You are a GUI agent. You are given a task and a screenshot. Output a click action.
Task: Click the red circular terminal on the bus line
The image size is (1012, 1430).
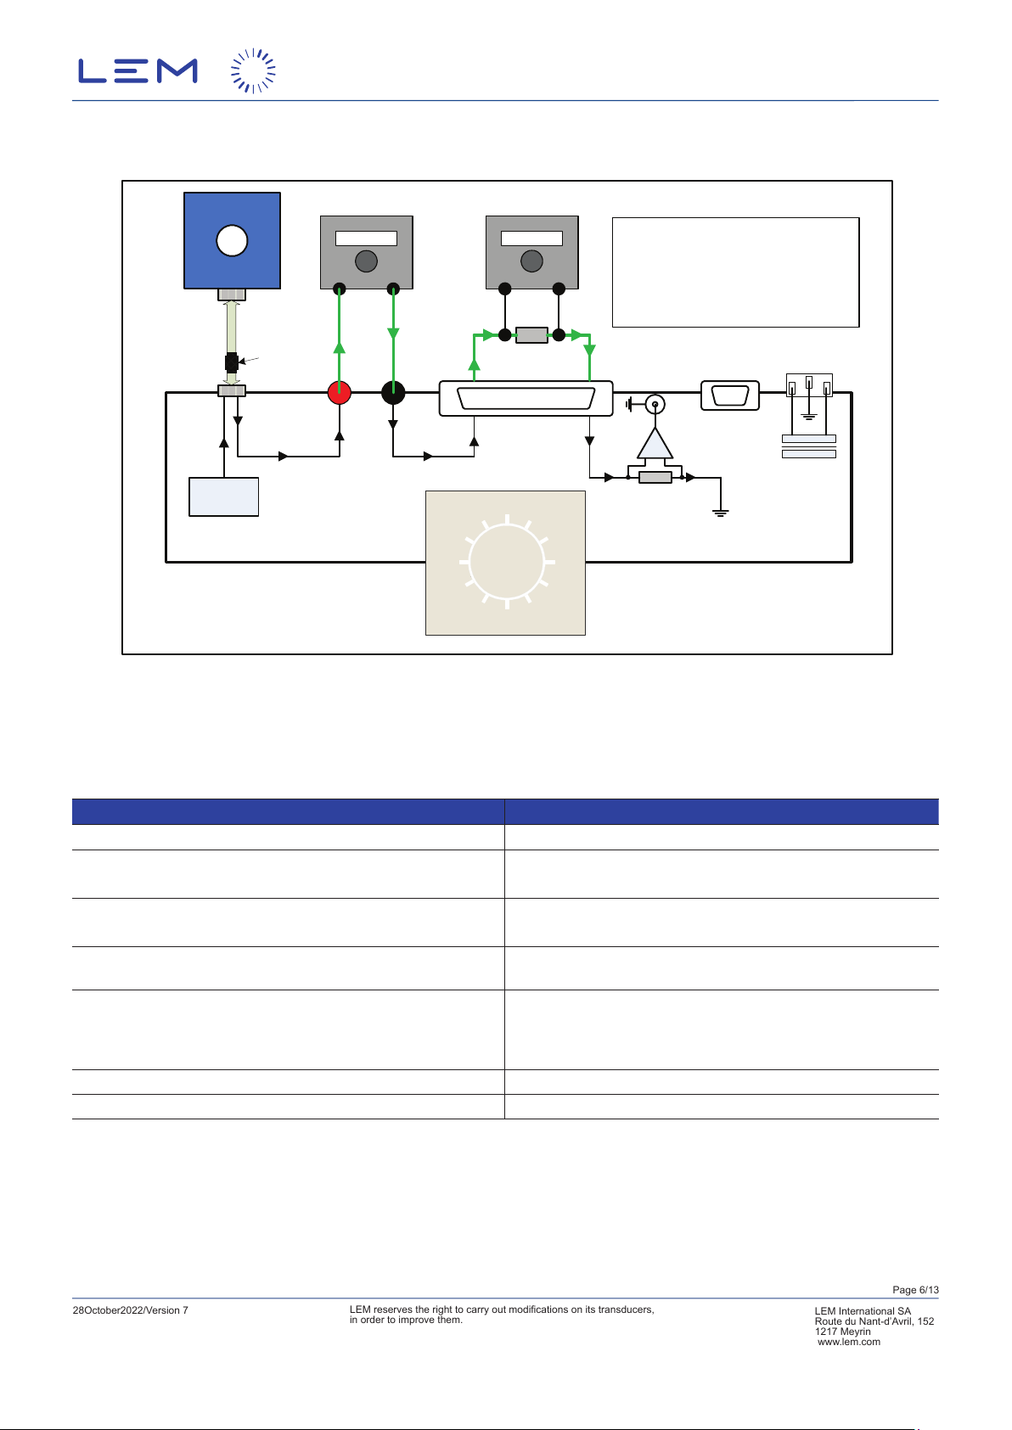[x=339, y=393]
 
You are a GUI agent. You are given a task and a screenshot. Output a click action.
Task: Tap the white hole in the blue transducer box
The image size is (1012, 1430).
[x=232, y=241]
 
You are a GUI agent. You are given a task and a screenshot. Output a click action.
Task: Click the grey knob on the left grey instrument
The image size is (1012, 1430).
[x=366, y=261]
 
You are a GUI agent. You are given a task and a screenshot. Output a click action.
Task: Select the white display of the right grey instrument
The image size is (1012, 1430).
[x=531, y=238]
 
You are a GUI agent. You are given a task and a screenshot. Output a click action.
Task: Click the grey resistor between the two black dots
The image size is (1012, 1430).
[x=531, y=334]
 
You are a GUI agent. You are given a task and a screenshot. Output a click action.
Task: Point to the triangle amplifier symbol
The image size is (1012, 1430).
[x=655, y=443]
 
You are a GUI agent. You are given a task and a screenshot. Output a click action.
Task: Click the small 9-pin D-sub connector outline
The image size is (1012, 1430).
[x=730, y=395]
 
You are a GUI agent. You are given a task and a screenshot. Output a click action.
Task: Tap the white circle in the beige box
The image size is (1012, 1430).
[x=506, y=562]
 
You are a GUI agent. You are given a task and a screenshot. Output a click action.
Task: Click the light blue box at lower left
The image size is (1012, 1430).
[x=223, y=496]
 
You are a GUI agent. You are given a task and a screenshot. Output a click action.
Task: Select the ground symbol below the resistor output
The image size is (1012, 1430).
[x=720, y=512]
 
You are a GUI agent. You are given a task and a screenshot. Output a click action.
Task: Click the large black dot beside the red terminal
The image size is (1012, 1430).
[x=393, y=393]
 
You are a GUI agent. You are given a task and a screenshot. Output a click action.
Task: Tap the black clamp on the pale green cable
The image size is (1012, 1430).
[x=231, y=362]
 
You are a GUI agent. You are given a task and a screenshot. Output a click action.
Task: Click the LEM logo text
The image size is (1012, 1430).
[x=138, y=70]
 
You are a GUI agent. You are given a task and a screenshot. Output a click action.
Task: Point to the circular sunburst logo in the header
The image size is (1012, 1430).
[x=253, y=70]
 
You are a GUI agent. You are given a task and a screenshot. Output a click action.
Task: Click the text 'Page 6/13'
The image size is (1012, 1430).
[x=915, y=1290]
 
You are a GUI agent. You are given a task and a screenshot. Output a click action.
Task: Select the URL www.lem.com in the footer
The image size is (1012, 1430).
[x=848, y=1342]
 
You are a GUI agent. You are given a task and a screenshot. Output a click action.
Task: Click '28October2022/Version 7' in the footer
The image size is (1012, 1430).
[x=130, y=1310]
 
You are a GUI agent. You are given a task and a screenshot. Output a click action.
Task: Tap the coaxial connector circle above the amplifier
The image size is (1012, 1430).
[x=655, y=404]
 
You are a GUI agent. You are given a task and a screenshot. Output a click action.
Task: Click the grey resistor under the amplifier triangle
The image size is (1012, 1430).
[x=655, y=477]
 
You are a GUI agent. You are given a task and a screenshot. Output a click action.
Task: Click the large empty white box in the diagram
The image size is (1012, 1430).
[x=735, y=272]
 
